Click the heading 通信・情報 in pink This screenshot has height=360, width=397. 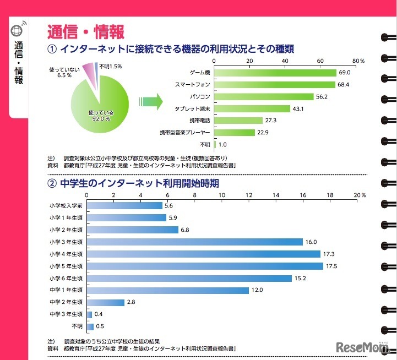(x=85, y=31)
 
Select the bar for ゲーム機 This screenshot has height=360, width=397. (x=275, y=73)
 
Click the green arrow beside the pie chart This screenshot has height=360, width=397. (x=155, y=101)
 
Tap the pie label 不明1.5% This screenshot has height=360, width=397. (x=110, y=67)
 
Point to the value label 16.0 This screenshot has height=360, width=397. (x=312, y=242)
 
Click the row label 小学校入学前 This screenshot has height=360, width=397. (x=65, y=206)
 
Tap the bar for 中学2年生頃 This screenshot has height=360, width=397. (x=106, y=302)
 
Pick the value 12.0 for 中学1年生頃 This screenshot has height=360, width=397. (x=258, y=290)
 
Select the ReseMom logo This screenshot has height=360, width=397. (x=363, y=347)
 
